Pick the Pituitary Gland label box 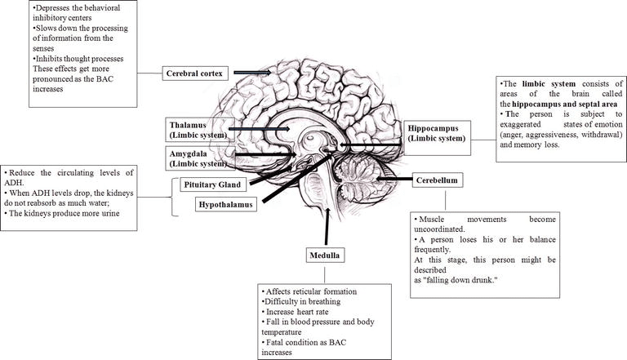click(x=211, y=185)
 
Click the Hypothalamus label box click(x=225, y=204)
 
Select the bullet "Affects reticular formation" click(x=309, y=291)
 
